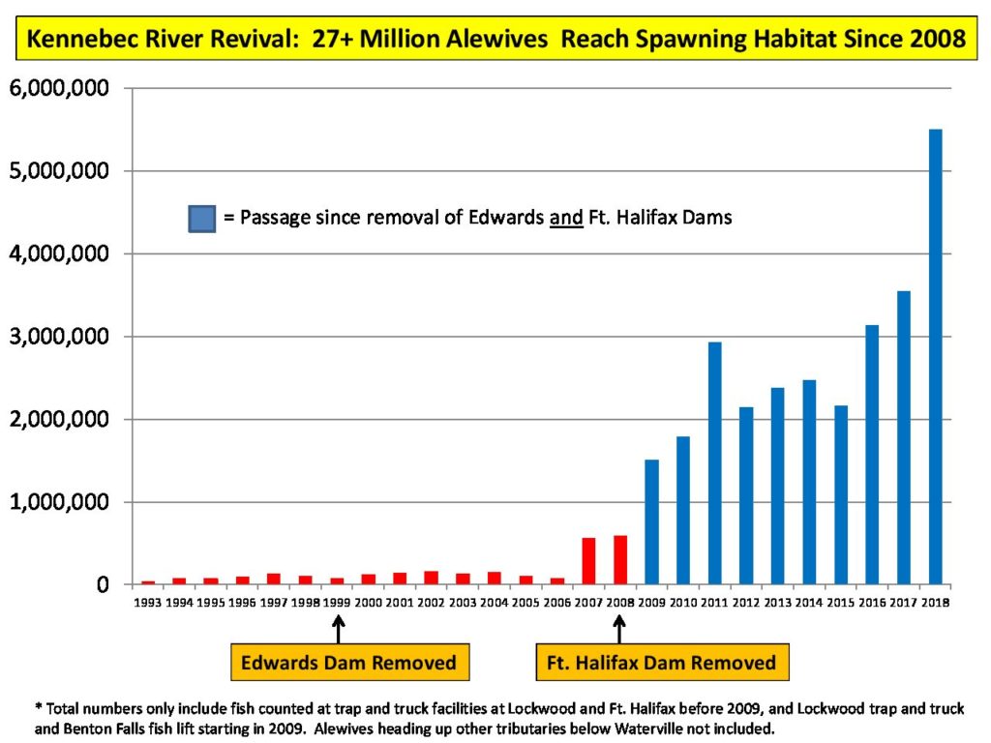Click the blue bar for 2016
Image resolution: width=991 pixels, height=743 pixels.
872,455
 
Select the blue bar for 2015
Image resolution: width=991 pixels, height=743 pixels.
840,494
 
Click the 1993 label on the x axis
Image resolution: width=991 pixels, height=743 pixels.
147,603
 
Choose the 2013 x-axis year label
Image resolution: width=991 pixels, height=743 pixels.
777,603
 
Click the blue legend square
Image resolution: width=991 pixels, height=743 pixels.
201,218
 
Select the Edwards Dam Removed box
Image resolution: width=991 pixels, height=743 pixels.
348,663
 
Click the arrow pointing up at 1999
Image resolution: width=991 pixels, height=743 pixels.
338,630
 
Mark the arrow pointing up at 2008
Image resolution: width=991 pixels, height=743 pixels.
619,630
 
